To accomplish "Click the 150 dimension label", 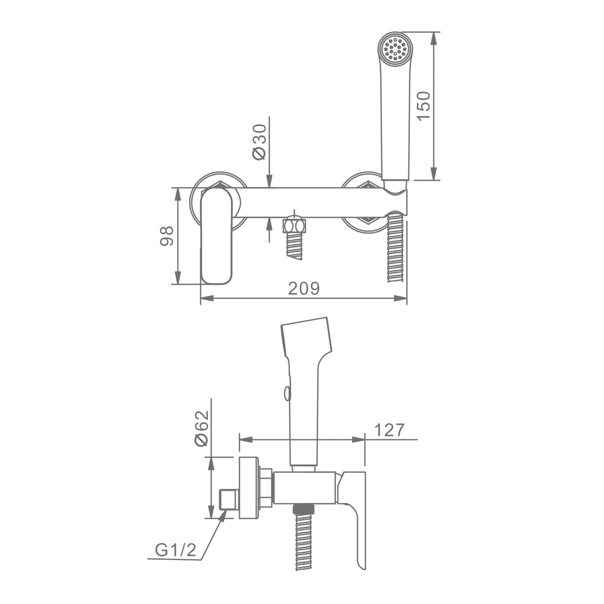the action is pyautogui.click(x=424, y=105).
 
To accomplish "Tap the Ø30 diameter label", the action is pyautogui.click(x=259, y=142).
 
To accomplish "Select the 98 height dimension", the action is pyautogui.click(x=166, y=236).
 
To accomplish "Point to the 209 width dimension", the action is pyautogui.click(x=304, y=288).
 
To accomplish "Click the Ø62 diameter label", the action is pyautogui.click(x=202, y=428).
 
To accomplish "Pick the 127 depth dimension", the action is pyautogui.click(x=389, y=430).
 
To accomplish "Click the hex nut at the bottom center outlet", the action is pyautogui.click(x=295, y=225).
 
